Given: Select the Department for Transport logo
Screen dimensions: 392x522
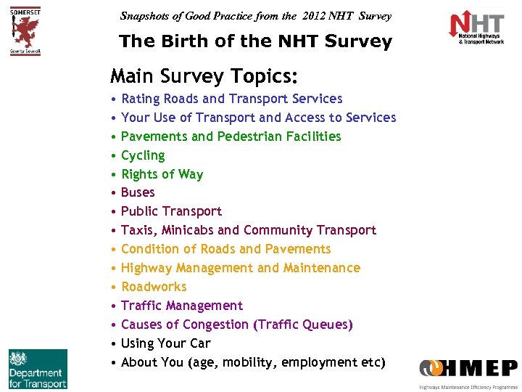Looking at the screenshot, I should (38, 369).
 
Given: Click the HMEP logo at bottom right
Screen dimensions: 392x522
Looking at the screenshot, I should (468, 370).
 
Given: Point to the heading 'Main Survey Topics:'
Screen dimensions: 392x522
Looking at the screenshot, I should (204, 75).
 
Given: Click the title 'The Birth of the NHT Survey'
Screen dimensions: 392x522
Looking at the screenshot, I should (255, 42).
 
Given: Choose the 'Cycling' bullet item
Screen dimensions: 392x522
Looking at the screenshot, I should (143, 155).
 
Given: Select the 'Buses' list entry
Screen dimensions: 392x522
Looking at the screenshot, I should (138, 192).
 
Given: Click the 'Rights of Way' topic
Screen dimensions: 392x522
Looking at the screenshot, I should (162, 174).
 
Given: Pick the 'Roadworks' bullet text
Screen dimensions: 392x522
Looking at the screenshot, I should (154, 287).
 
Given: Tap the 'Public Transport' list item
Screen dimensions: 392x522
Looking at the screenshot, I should (171, 211).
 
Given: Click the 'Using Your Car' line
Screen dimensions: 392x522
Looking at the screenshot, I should (165, 343).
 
